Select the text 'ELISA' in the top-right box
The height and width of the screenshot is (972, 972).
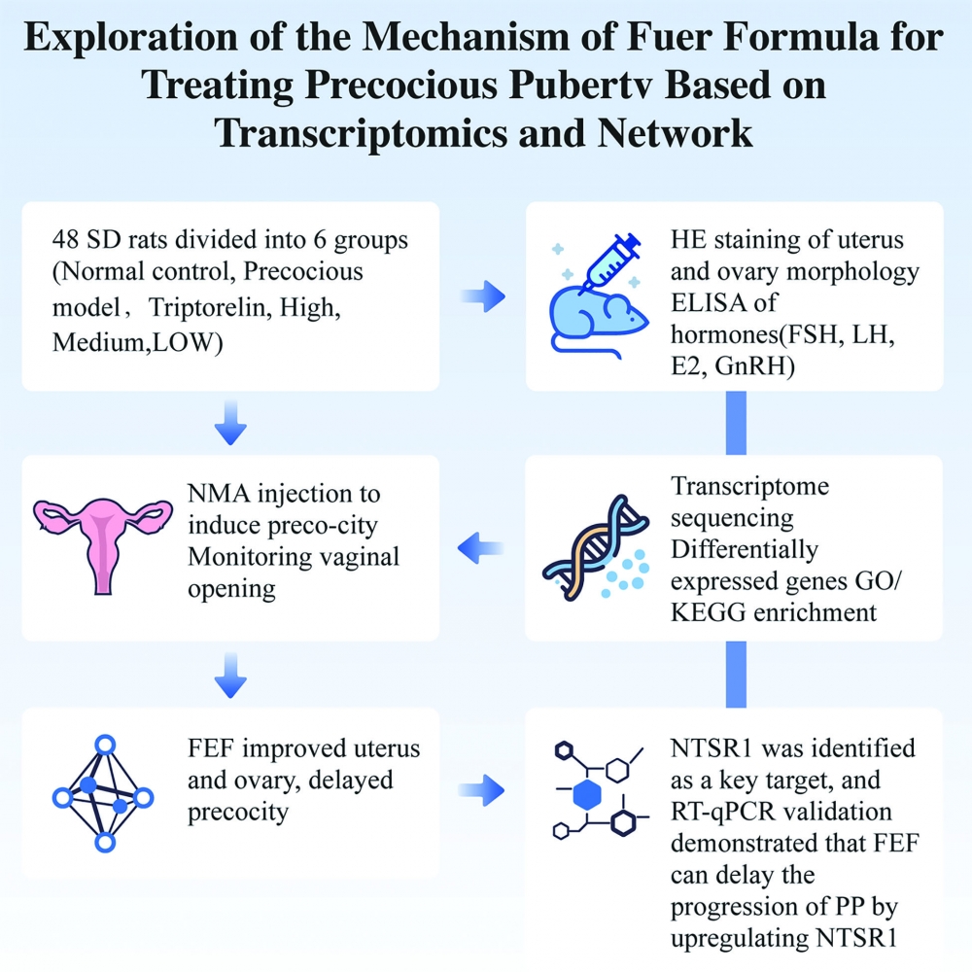coord(703,303)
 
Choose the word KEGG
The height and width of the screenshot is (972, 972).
coord(709,613)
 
